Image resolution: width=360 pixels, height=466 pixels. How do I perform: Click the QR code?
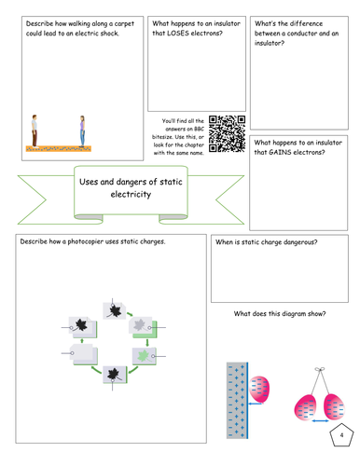pyautogui.click(x=227, y=134)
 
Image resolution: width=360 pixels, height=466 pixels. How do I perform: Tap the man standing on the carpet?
pyautogui.click(x=35, y=130)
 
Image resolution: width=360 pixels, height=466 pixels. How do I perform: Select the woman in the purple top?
pyautogui.click(x=82, y=131)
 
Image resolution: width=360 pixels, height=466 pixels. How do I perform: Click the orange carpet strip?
pyautogui.click(x=59, y=149)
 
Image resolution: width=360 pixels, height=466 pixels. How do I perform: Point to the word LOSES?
pyautogui.click(x=178, y=34)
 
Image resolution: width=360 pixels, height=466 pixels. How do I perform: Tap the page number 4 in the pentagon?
pyautogui.click(x=341, y=435)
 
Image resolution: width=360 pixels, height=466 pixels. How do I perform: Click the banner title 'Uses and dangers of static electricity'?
pyautogui.click(x=131, y=188)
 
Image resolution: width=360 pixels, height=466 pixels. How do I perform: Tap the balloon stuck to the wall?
pyautogui.click(x=259, y=390)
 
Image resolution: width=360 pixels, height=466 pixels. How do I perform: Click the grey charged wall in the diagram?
pyautogui.click(x=237, y=401)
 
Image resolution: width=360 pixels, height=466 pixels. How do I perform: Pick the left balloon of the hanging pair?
pyautogui.click(x=305, y=407)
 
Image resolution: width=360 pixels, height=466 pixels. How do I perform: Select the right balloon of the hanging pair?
pyautogui.click(x=334, y=407)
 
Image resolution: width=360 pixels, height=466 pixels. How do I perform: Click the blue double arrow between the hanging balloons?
pyautogui.click(x=320, y=421)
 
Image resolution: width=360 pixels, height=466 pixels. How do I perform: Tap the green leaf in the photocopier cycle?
pyautogui.click(x=144, y=356)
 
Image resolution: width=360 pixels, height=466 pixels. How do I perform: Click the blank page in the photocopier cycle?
pyautogui.click(x=83, y=353)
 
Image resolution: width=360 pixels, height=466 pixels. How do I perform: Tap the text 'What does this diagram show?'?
pyautogui.click(x=280, y=314)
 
